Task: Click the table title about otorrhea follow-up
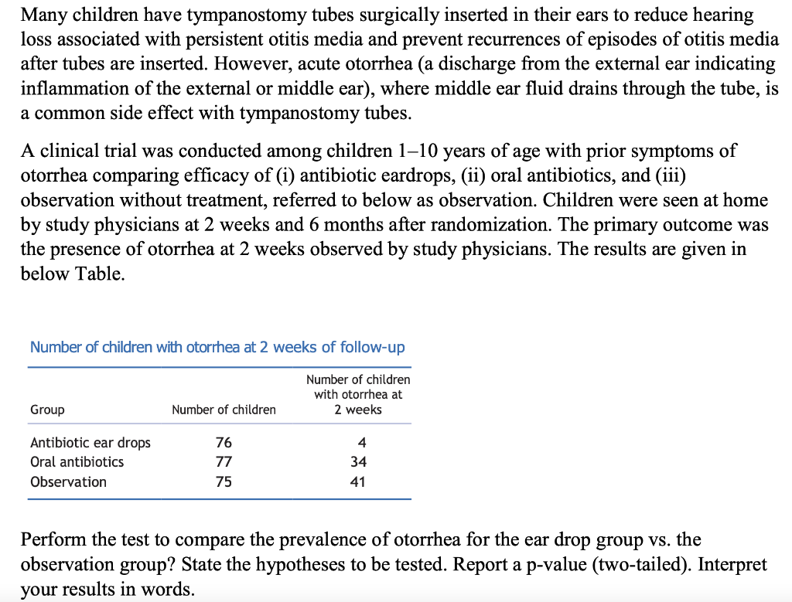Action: pos(217,347)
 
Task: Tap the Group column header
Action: pos(47,410)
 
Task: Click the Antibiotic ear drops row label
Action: pos(90,443)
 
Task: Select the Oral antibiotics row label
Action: pos(77,462)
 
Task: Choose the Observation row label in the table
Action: pos(68,482)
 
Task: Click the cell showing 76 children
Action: pos(224,443)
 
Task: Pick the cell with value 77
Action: pos(224,462)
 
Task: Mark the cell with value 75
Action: pos(224,482)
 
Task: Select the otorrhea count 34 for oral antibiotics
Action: pos(358,462)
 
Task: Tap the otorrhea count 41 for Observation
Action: pos(358,482)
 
